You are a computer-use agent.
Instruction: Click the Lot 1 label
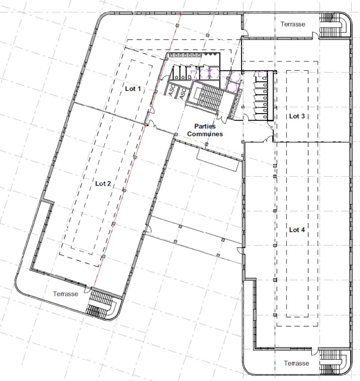[x=133, y=89]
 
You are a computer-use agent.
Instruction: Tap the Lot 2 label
[x=103, y=183]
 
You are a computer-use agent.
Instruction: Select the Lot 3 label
[x=297, y=116]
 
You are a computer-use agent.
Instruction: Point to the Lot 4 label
[x=297, y=230]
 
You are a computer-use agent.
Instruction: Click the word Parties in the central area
[x=205, y=127]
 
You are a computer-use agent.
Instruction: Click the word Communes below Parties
[x=205, y=134]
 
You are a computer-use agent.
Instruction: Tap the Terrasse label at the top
[x=293, y=24]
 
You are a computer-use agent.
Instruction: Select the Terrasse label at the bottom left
[x=66, y=294]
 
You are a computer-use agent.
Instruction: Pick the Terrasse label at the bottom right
[x=296, y=363]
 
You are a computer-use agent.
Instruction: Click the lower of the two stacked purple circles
[x=233, y=86]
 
